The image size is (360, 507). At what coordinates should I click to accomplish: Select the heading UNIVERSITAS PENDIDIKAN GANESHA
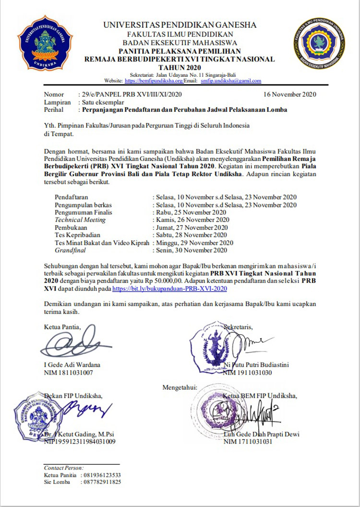coord(180,25)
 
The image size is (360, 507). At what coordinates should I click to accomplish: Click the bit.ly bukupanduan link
coord(169,290)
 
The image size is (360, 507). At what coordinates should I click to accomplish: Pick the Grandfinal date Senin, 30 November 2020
coord(191,250)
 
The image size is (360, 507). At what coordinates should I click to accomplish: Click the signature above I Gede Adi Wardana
coord(72,344)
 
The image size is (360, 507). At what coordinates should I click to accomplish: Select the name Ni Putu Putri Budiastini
coord(256,364)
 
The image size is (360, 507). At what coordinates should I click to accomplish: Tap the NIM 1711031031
coord(248,442)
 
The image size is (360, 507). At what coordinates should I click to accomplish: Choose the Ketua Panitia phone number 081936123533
coord(102,475)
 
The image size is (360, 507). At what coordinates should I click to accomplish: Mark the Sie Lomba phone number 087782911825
coord(102,482)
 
